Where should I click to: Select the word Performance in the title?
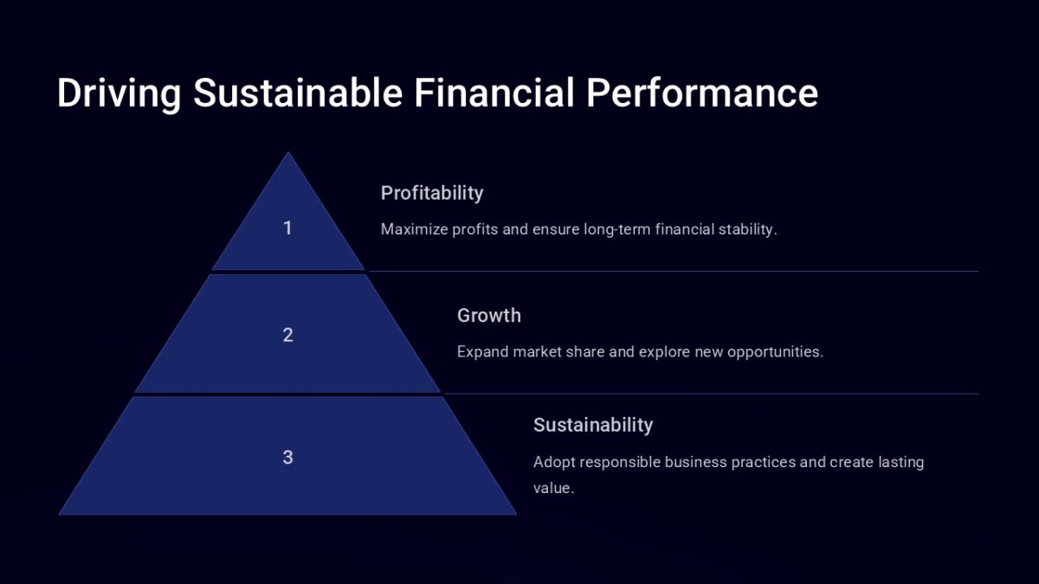702,93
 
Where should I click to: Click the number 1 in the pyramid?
287,228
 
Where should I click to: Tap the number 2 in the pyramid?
287,336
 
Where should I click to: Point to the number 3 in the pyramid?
287,458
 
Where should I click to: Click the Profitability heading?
432,193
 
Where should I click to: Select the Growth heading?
489,316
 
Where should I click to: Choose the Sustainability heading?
593,425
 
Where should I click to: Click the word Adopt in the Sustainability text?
554,462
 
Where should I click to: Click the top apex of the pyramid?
287,155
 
